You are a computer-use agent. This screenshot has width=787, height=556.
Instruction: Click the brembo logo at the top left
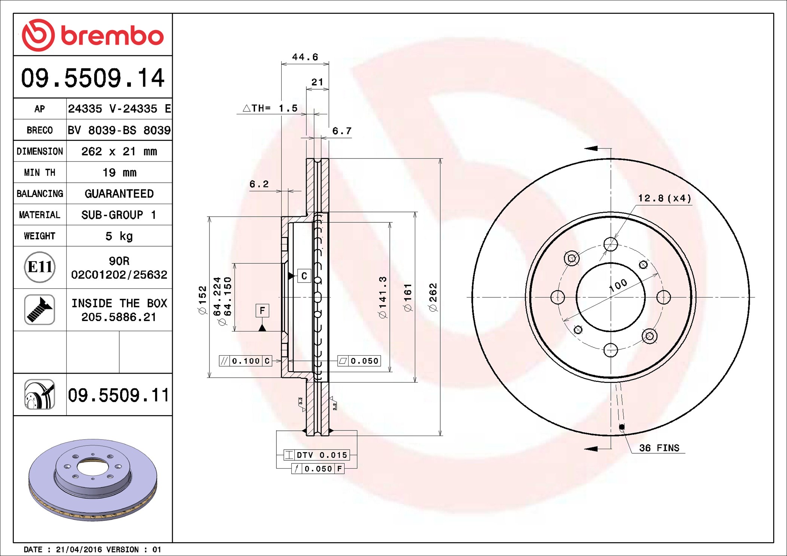(93, 35)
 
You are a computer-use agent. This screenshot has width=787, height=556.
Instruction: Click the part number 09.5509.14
(93, 78)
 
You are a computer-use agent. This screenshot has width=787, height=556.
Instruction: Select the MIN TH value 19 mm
(119, 172)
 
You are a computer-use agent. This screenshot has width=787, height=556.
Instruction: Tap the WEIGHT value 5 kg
(119, 236)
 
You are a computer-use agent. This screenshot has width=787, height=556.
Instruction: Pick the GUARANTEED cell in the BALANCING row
(119, 194)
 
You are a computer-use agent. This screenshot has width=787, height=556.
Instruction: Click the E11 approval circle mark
(40, 267)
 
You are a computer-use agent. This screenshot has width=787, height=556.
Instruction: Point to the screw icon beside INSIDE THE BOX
(40, 309)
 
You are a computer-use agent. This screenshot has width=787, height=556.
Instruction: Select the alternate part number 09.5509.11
(119, 395)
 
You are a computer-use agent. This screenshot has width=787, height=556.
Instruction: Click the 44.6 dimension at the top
(305, 57)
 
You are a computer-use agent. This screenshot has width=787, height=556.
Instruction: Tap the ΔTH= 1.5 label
(270, 108)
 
